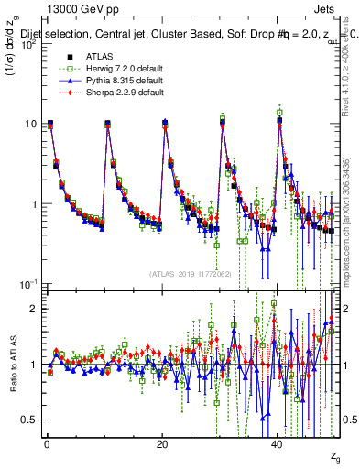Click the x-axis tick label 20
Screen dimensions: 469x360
pos(162,443)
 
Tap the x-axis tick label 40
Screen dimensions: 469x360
pos(278,443)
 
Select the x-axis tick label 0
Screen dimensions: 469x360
pos(47,443)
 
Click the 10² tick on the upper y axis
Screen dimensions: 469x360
pos(27,44)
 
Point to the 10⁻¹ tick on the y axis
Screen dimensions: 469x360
pos(27,284)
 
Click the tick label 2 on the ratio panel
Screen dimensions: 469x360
pos(34,308)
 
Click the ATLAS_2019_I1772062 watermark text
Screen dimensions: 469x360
pos(191,274)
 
